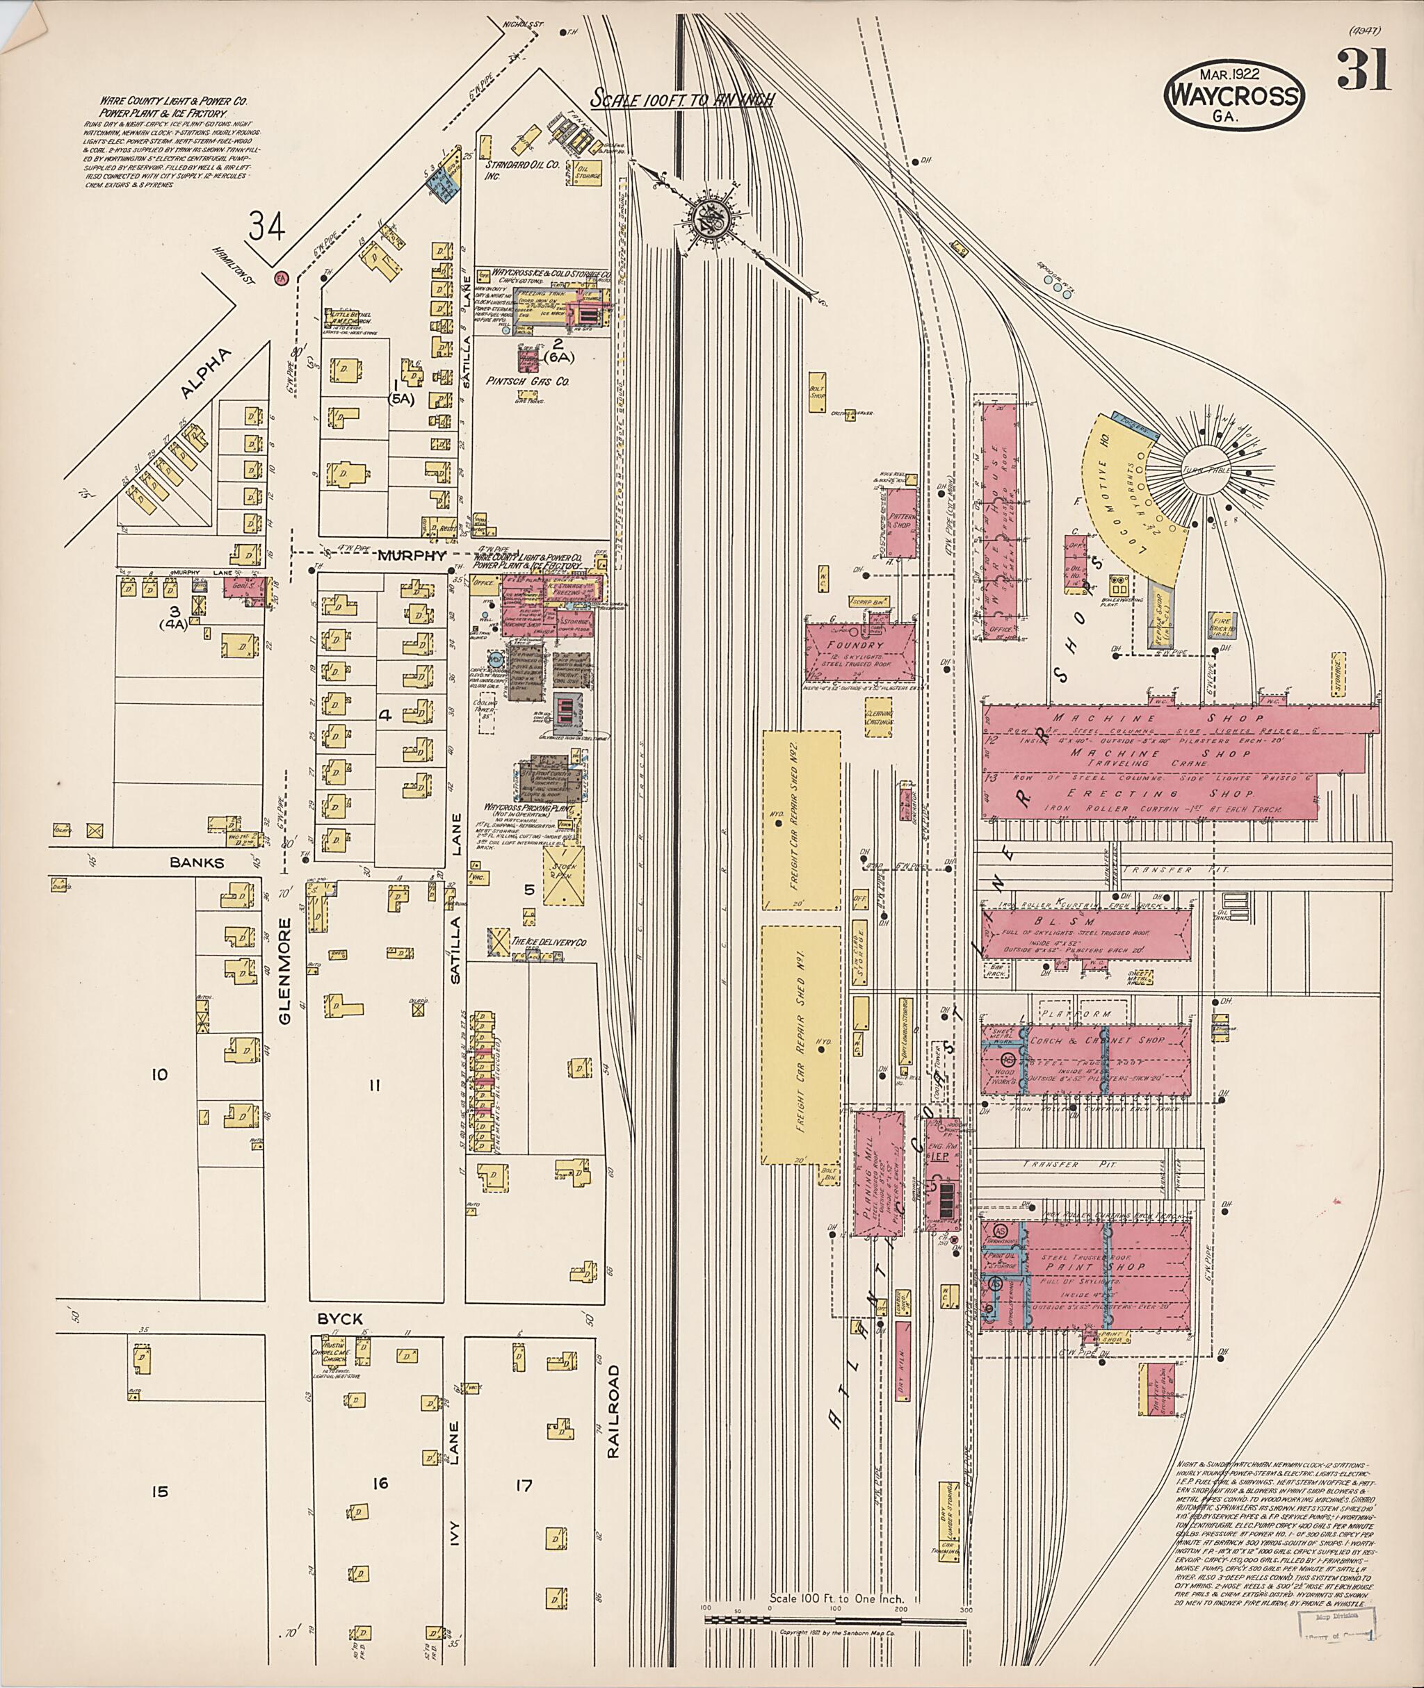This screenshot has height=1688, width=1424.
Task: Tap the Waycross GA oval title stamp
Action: [x=1233, y=95]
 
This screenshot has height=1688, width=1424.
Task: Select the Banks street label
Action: [x=197, y=862]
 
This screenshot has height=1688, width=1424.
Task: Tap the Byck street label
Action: [x=339, y=1318]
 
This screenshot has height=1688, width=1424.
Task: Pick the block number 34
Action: [x=266, y=226]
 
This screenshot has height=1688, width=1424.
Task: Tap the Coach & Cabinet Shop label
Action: [x=1097, y=1040]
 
